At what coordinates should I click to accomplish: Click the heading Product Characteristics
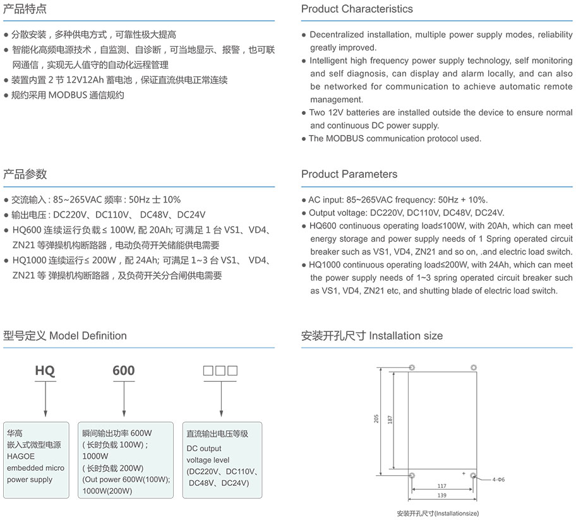[357, 9]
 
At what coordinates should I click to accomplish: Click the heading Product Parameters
[349, 174]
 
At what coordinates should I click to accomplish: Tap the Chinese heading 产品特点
[25, 9]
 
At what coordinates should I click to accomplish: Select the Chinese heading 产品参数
[25, 174]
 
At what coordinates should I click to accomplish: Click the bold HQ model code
[45, 370]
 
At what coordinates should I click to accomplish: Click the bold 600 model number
[124, 370]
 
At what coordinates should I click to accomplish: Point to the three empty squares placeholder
[220, 370]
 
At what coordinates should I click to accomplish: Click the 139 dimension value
[441, 496]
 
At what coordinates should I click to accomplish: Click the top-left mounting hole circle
[412, 367]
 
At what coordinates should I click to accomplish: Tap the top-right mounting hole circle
[472, 367]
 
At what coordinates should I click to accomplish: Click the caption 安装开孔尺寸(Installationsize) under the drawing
[438, 514]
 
